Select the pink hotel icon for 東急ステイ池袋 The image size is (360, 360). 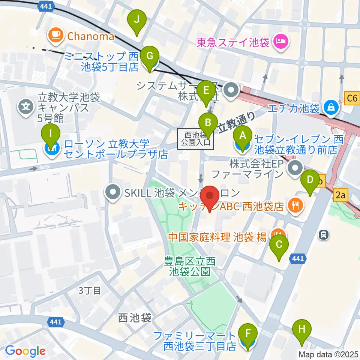click(x=280, y=40)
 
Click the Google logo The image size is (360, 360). click(x=25, y=351)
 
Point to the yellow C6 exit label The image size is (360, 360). click(x=352, y=99)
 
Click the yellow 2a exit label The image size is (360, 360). click(x=340, y=194)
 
